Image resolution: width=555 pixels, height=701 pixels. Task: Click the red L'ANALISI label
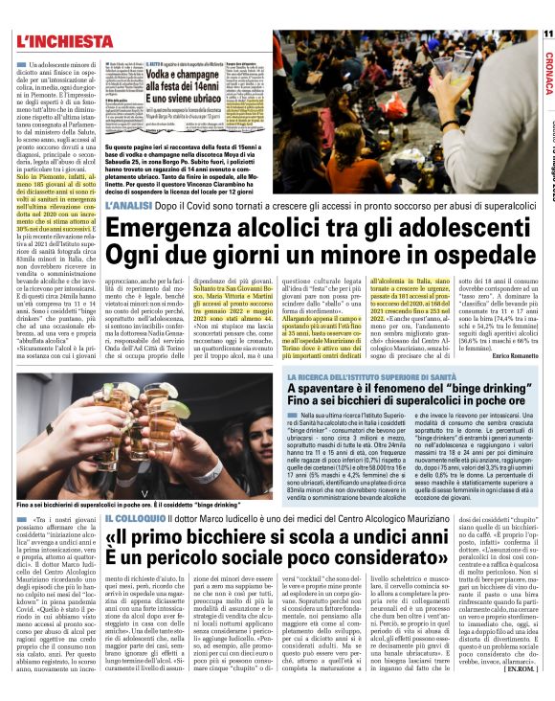tap(133, 205)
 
